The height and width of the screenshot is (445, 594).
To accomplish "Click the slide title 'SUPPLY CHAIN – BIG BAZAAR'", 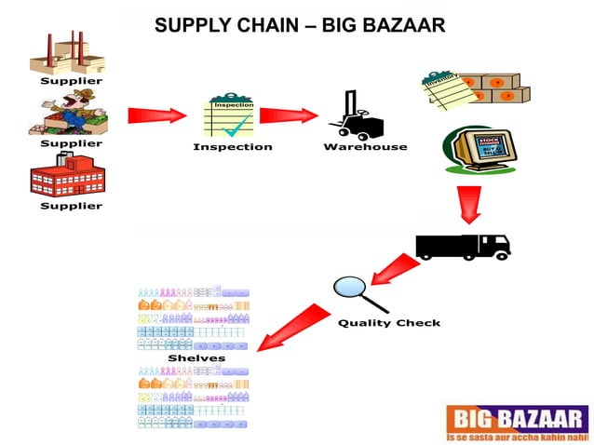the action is click(x=299, y=25).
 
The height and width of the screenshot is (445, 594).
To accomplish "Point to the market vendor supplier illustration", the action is click(x=67, y=114).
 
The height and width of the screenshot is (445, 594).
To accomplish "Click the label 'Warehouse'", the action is click(x=365, y=147).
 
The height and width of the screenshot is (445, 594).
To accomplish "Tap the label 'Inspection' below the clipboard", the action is click(x=233, y=147).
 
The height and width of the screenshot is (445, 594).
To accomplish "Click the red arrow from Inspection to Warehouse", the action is click(x=289, y=116).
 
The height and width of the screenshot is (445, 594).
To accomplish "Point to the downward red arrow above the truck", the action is click(x=470, y=204).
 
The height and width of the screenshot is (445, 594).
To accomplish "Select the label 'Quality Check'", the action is click(x=389, y=323).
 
